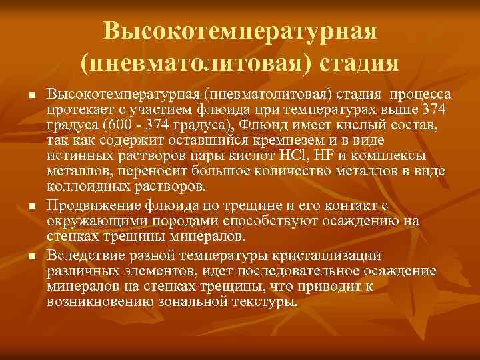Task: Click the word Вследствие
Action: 83,255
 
